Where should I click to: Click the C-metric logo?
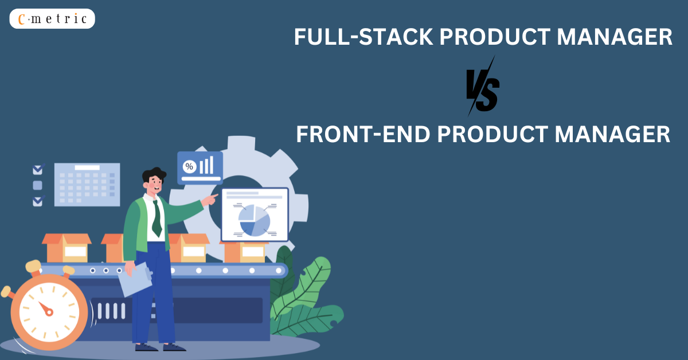click(52, 19)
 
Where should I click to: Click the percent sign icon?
click(189, 167)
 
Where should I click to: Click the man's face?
click(154, 183)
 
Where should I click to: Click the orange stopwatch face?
click(45, 310)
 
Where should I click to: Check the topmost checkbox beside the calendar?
click(38, 170)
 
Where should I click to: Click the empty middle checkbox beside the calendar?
click(38, 185)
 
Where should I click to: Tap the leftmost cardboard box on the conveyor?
click(67, 247)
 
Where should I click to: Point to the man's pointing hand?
click(213, 198)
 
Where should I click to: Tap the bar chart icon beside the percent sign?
click(206, 165)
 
